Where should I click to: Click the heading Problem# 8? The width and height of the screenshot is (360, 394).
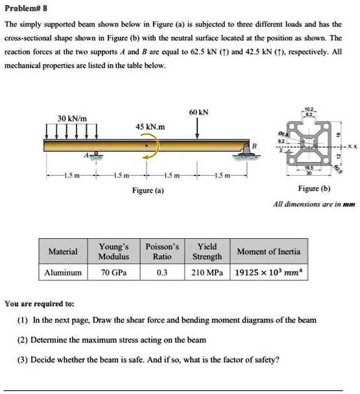(25, 10)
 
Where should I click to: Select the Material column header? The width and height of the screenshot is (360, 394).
(63, 251)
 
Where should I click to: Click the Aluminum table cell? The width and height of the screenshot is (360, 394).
(63, 273)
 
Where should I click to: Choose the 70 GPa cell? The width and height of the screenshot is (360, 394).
(114, 273)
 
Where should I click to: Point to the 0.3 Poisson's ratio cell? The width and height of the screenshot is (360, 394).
(162, 273)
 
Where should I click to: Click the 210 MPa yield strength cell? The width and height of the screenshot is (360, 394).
(207, 273)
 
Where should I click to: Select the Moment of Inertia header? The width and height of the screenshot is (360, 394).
(269, 251)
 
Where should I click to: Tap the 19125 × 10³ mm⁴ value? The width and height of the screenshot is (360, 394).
(268, 273)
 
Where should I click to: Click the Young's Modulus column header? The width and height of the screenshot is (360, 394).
(114, 251)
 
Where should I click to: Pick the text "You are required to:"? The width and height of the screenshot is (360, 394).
(40, 303)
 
